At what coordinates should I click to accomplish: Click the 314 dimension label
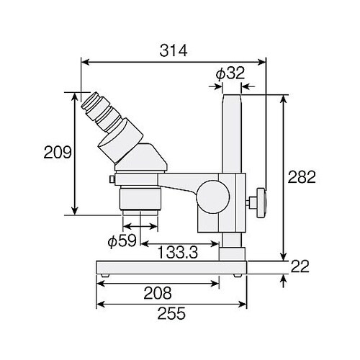[x=174, y=51]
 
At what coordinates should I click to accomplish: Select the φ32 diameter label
[x=230, y=73]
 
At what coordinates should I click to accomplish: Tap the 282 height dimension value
[x=302, y=177]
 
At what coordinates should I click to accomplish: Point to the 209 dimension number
[x=58, y=152]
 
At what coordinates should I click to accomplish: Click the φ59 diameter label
[x=122, y=240]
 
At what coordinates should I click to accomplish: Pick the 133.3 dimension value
[x=177, y=252]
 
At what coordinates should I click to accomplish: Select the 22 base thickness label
[x=300, y=266]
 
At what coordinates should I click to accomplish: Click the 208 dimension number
[x=158, y=293]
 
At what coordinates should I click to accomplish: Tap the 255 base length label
[x=171, y=313]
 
